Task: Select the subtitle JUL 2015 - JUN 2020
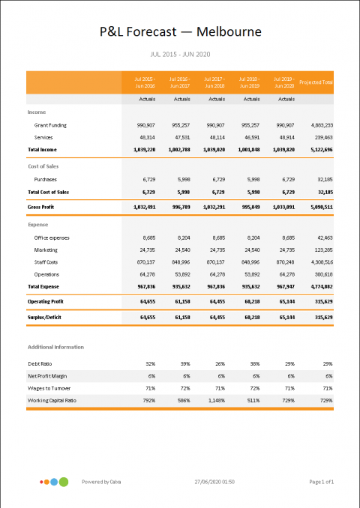coord(180,55)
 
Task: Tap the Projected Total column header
coord(316,82)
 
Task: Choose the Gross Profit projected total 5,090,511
coord(318,206)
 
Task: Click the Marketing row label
coord(46,249)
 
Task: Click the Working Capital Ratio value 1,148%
coord(214,401)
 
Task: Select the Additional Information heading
coord(55,347)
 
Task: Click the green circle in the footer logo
coord(64,481)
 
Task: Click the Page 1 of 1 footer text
coord(321,482)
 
